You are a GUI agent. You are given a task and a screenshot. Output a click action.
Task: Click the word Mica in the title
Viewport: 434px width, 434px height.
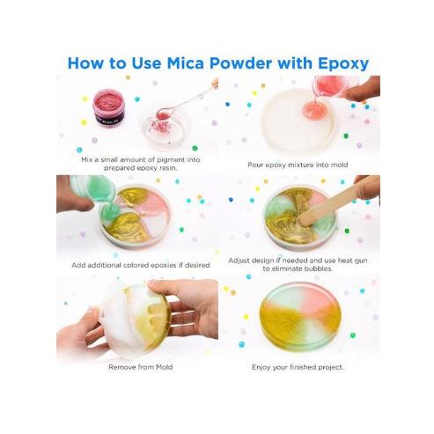point(185,63)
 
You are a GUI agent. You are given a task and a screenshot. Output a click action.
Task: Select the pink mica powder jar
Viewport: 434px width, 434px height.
point(108,107)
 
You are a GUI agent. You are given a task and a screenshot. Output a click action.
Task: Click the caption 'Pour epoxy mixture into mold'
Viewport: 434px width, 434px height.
point(298,165)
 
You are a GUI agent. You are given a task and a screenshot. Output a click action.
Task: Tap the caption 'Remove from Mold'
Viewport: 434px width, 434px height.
point(141,367)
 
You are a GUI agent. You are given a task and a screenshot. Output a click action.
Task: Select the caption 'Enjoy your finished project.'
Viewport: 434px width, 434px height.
point(298,367)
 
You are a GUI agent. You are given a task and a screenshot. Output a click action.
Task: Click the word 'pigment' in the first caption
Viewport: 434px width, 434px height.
point(171,160)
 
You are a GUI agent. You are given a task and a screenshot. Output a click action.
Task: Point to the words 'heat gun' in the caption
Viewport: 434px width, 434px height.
point(352,261)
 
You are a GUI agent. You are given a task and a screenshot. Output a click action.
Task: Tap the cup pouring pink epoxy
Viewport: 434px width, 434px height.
point(333,86)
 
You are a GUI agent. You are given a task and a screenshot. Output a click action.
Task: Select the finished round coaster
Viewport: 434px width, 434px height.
point(300,316)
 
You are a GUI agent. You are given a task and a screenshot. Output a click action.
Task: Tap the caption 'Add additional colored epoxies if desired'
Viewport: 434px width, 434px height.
point(141,265)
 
